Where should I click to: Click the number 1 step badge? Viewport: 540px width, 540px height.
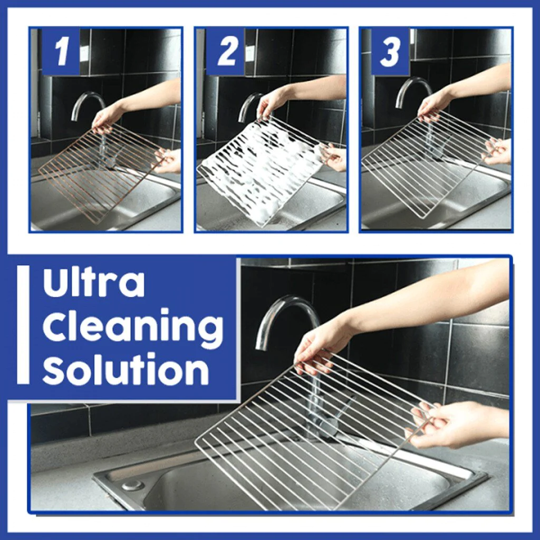[61, 52]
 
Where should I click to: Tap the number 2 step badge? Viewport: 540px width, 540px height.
[226, 52]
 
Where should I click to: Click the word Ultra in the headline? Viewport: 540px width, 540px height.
[94, 283]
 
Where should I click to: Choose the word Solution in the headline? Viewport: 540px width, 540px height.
[126, 370]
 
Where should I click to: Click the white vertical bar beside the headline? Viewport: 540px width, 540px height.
[23, 324]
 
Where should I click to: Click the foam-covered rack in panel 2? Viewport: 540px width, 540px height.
[258, 169]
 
